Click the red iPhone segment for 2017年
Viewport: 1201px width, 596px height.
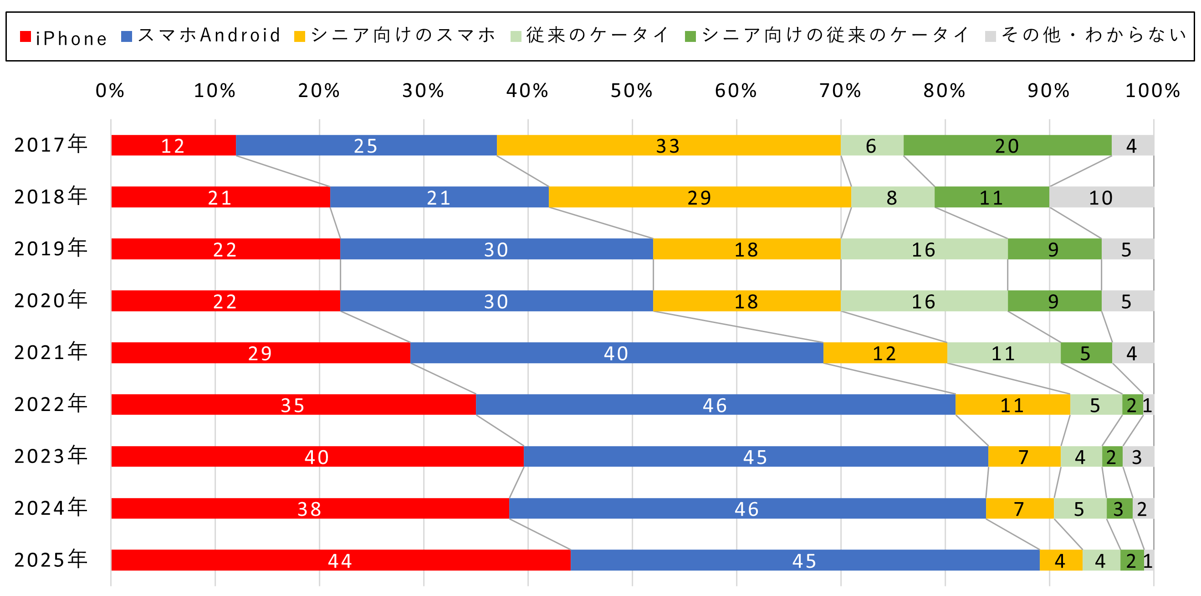[x=174, y=145]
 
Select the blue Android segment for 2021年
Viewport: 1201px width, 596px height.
[x=616, y=353]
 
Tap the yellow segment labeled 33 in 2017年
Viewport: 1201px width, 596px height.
[x=668, y=145]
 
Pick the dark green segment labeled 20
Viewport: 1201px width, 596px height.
[x=1007, y=145]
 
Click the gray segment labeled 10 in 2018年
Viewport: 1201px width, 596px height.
[x=1101, y=197]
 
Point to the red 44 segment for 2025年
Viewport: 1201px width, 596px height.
[x=340, y=560]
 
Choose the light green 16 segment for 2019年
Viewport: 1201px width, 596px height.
[x=924, y=250]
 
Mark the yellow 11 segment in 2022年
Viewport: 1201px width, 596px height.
[x=1012, y=405]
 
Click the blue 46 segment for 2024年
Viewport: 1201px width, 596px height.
[x=747, y=509]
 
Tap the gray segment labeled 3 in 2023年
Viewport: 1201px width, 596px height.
[x=1138, y=457]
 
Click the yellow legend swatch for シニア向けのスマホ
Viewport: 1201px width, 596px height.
[x=300, y=36]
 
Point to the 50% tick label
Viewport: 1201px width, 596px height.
[x=632, y=91]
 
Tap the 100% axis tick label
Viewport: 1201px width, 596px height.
[x=1153, y=91]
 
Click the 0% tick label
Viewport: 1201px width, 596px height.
[x=110, y=91]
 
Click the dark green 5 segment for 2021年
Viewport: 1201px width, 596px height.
[x=1086, y=353]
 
